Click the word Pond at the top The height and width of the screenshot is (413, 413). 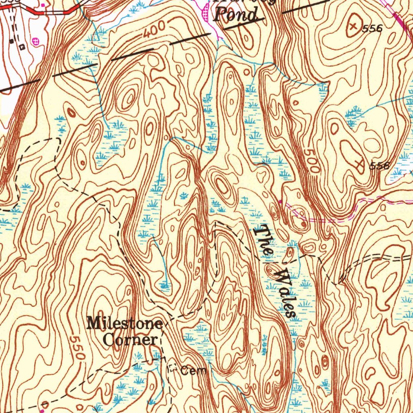point(236,16)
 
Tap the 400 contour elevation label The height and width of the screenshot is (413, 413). point(154,29)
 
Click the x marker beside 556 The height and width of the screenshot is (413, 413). point(354,26)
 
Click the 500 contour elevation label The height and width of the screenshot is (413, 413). point(311,161)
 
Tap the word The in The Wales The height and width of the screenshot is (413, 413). point(263,240)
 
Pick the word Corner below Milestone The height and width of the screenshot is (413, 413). point(129,340)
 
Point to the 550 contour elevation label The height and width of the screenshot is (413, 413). point(76,348)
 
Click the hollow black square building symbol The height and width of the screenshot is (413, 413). point(22,47)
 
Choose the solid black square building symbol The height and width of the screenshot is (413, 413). point(12,41)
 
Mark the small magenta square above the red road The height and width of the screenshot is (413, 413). point(44,5)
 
